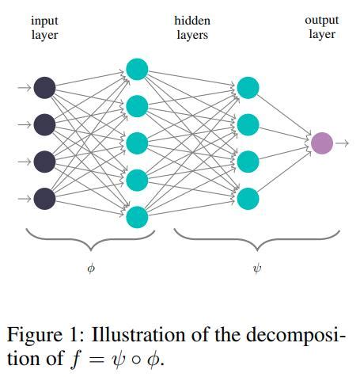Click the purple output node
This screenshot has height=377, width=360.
321,143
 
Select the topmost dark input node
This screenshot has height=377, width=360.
45,87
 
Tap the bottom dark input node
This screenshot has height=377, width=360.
45,197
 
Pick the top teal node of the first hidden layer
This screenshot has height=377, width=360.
137,69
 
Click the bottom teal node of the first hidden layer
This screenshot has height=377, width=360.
137,216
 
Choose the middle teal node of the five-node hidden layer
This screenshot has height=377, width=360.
137,143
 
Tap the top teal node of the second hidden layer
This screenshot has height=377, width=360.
248,87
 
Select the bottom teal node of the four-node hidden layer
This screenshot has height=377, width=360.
248,197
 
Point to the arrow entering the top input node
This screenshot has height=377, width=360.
25,87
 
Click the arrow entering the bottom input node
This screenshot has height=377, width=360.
25,197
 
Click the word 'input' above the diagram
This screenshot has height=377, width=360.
44,21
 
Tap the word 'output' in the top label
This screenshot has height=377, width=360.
321,21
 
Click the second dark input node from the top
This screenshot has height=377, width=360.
45,124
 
